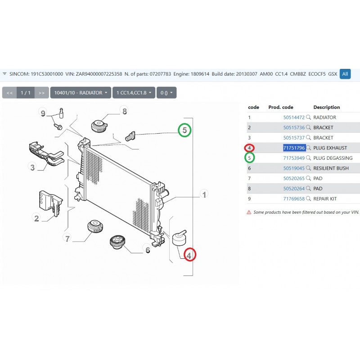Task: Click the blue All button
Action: (345, 74)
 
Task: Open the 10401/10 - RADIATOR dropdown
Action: (81, 93)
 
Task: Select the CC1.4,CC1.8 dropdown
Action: (134, 93)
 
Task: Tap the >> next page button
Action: (41, 93)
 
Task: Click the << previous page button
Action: (9, 93)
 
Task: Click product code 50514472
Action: (294, 117)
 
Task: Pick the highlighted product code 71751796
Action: (294, 148)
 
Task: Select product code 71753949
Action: (294, 158)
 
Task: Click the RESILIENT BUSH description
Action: (331, 168)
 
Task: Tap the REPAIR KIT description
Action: (325, 199)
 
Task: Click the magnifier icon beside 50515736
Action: (308, 127)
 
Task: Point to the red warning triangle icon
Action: (249, 212)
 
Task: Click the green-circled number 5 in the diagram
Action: (184, 130)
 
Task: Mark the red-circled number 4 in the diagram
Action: (189, 255)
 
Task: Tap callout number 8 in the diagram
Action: (125, 111)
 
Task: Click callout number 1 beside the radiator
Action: (204, 194)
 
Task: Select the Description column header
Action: (327, 107)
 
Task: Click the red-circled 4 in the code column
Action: (249, 148)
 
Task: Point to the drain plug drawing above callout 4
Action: (179, 238)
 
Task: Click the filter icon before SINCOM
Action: (4, 74)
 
